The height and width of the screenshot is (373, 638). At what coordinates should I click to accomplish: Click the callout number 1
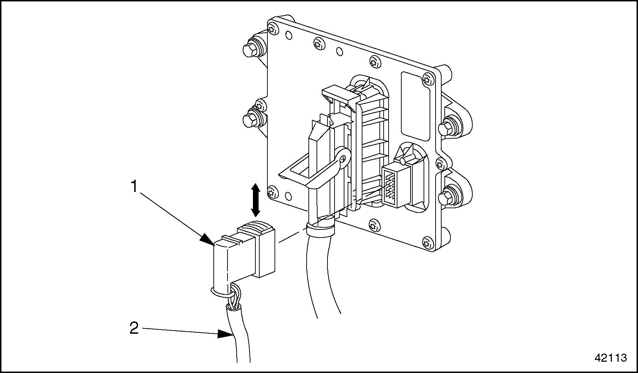(134, 187)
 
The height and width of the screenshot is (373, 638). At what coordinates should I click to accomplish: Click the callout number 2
(134, 329)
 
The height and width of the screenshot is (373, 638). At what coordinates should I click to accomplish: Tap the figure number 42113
(611, 358)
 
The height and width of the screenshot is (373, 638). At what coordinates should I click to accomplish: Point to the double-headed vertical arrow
(255, 200)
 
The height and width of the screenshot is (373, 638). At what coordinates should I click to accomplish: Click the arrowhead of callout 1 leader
(208, 240)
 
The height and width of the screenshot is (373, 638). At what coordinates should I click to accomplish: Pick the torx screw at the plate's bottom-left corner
(272, 193)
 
